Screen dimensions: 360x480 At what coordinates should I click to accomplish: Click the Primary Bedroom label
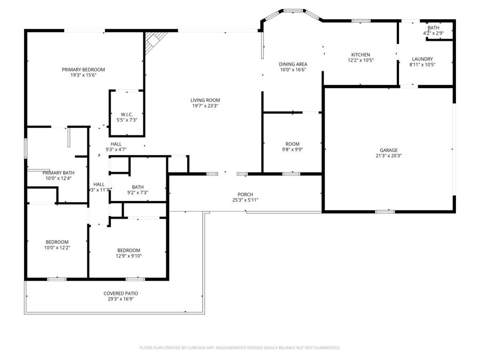click(x=83, y=69)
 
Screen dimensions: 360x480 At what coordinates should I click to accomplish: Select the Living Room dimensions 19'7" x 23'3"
click(x=205, y=106)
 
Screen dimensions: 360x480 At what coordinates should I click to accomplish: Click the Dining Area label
click(x=293, y=64)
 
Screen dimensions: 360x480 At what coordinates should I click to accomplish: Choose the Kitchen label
click(x=360, y=54)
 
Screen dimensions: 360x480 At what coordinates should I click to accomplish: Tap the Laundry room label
click(x=422, y=59)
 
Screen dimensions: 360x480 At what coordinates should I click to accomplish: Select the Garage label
click(x=388, y=150)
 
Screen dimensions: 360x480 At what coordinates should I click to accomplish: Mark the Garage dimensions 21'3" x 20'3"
click(x=388, y=156)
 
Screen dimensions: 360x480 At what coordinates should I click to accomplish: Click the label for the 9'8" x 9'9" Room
click(x=292, y=144)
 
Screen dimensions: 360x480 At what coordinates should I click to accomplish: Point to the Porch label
click(x=245, y=194)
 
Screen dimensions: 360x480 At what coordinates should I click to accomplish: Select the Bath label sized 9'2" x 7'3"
click(x=138, y=187)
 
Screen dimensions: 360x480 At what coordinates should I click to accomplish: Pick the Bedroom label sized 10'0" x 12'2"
click(x=57, y=242)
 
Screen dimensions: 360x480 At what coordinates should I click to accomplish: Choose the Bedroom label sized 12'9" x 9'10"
click(x=129, y=250)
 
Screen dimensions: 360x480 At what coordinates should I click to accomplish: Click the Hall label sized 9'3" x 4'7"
click(x=116, y=144)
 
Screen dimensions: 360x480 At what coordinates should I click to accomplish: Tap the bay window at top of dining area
click(x=292, y=11)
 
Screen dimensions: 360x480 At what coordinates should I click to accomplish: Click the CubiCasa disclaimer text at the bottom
click(x=239, y=348)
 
